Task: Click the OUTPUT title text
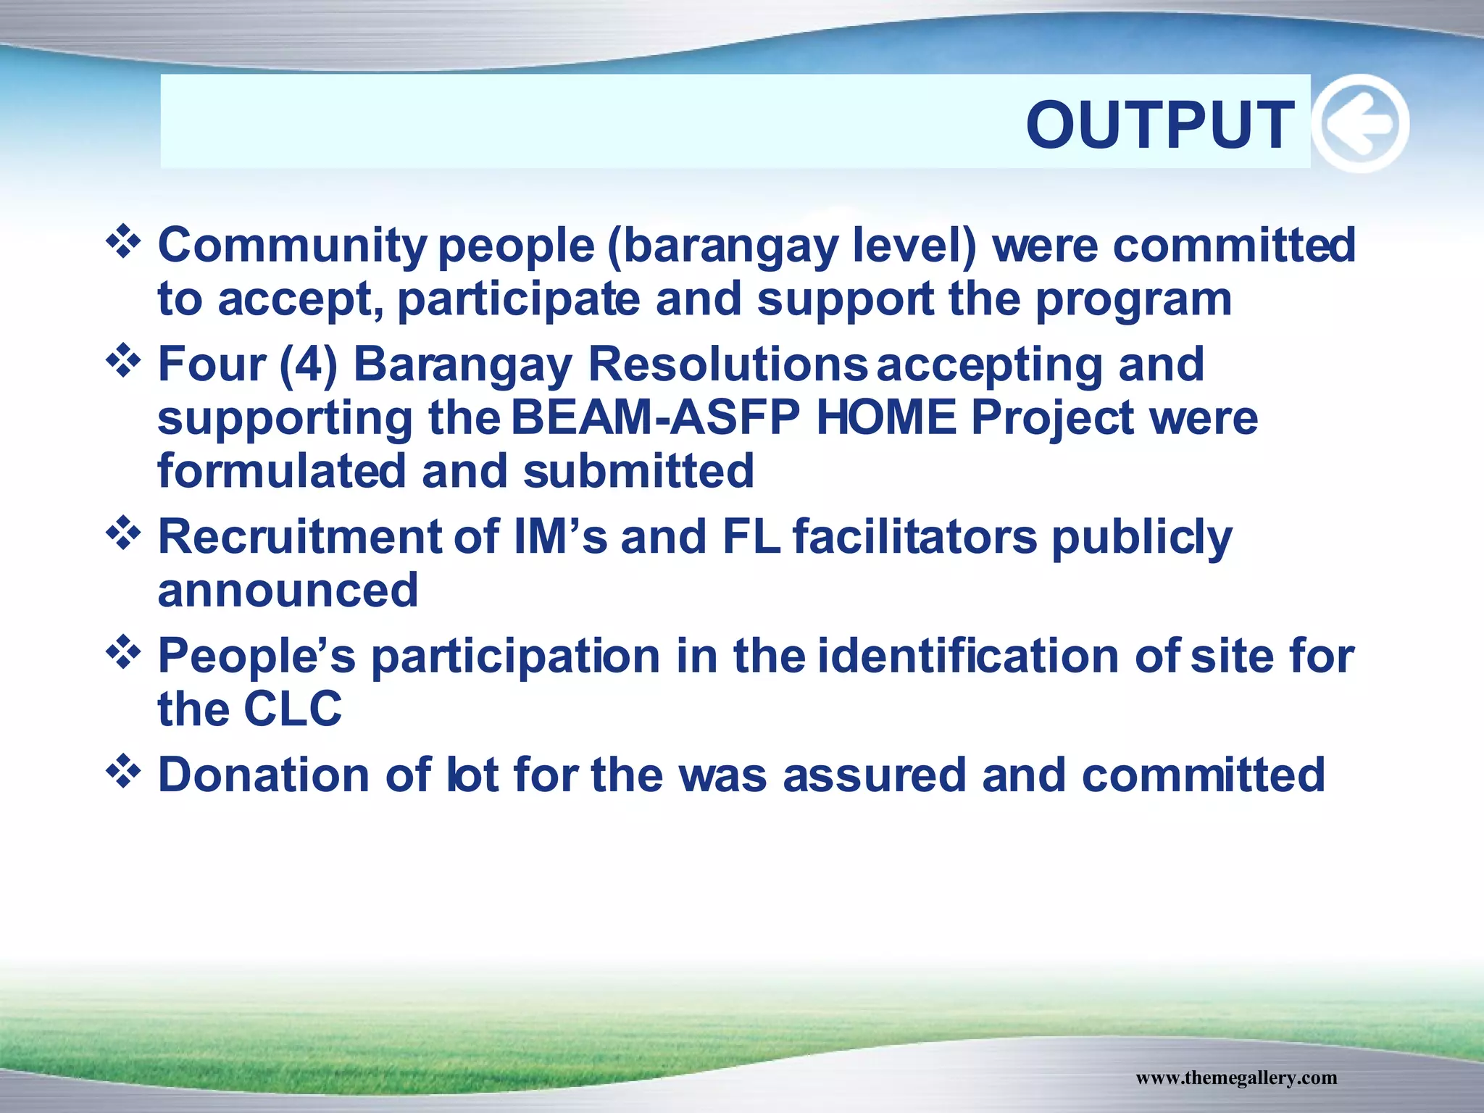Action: [1160, 125]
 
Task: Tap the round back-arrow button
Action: [1360, 124]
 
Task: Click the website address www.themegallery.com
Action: [1235, 1077]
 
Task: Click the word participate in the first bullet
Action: [519, 299]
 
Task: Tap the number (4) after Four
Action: [309, 364]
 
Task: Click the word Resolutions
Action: [727, 364]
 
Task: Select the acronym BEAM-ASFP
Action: [656, 418]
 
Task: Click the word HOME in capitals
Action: [886, 418]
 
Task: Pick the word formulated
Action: [281, 471]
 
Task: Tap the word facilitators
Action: [914, 537]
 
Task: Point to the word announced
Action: [288, 591]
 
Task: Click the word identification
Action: [968, 656]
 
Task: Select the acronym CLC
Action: [293, 709]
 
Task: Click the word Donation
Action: [264, 775]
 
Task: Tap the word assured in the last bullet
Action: [875, 775]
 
